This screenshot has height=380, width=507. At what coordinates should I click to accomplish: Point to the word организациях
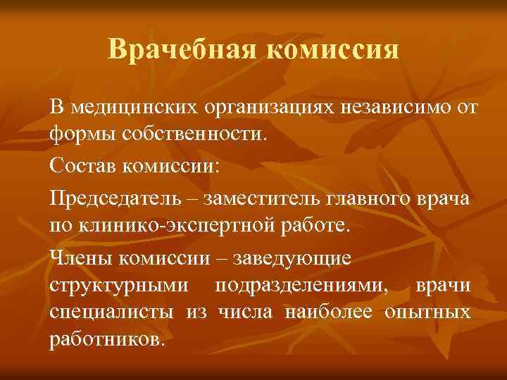(270, 108)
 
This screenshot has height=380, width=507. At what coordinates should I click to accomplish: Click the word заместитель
(262, 198)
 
